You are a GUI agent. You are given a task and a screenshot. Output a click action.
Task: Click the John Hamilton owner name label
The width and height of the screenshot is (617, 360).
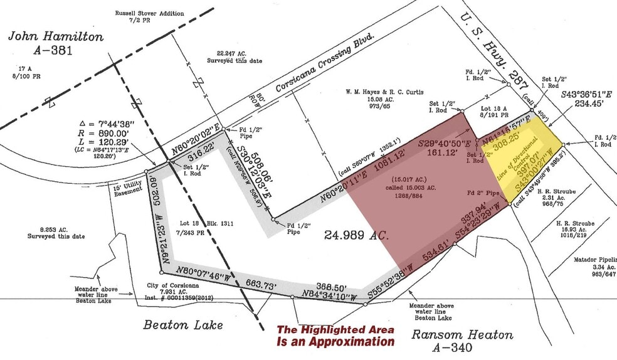click(x=55, y=37)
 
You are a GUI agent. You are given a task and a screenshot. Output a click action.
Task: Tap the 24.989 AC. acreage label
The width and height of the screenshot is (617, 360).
click(x=357, y=236)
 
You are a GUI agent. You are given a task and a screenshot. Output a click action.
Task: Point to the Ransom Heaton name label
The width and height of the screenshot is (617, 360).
click(x=462, y=334)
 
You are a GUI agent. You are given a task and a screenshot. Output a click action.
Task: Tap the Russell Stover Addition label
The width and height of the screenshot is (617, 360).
click(x=149, y=13)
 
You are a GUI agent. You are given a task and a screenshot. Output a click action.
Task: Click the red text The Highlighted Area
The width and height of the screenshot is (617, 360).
click(x=336, y=329)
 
